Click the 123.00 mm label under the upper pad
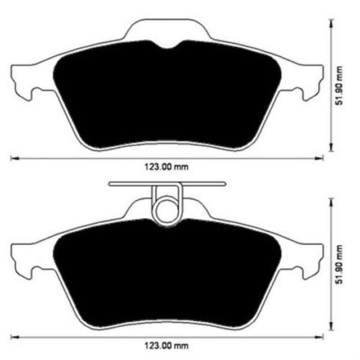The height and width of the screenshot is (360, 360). click(x=166, y=166)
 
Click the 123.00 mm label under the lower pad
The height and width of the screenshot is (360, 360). click(x=166, y=345)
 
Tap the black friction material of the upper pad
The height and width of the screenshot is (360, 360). click(x=169, y=96)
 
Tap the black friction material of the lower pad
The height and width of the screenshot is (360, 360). click(x=169, y=276)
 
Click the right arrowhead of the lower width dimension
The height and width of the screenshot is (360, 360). click(x=322, y=336)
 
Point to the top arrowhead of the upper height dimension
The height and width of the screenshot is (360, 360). click(x=331, y=22)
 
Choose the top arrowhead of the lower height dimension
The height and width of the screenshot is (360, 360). click(x=331, y=200)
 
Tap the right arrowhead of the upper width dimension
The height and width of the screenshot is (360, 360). click(x=322, y=157)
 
